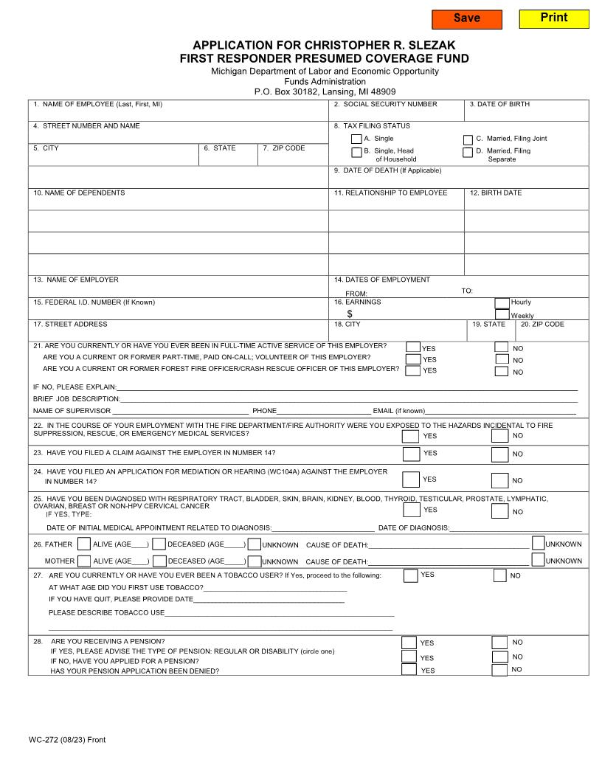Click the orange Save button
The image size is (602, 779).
[466, 19]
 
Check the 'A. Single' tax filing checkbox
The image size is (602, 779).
[356, 139]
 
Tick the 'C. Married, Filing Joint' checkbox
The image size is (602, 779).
[468, 139]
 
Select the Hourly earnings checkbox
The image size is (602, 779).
[502, 302]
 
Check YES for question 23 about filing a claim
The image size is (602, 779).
[411, 454]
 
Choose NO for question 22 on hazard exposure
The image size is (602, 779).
[500, 435]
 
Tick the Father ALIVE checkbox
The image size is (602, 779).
[84, 544]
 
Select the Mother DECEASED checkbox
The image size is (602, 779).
[159, 561]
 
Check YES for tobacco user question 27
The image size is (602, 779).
[410, 575]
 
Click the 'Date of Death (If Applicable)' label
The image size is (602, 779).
[387, 171]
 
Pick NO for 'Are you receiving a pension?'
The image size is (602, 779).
[499, 643]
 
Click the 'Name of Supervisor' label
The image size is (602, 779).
[72, 411]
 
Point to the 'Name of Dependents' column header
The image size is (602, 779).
[79, 193]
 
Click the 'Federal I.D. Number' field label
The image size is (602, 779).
[94, 302]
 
